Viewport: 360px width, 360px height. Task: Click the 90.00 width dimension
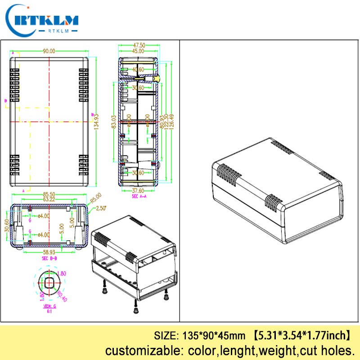[49, 51]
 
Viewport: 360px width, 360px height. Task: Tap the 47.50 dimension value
[139, 45]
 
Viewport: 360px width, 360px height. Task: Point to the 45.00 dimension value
[138, 51]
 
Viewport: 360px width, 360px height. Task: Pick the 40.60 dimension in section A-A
[138, 70]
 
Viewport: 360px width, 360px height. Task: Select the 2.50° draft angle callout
[102, 208]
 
